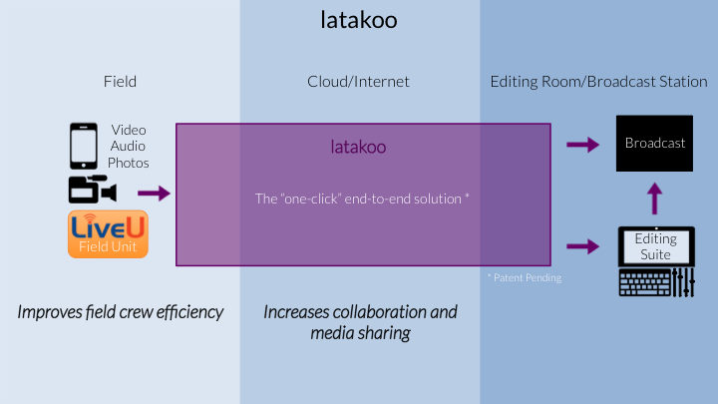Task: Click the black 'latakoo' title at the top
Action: coord(359,20)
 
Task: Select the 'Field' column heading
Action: coord(120,82)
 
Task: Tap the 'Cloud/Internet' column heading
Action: coord(358,82)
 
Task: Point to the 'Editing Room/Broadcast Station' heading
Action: coord(598,82)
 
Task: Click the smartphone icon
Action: coord(84,146)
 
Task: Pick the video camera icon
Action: coord(93,189)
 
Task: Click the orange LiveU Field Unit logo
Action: coord(108,234)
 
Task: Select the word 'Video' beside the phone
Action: coord(129,130)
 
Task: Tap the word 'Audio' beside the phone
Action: coord(128,146)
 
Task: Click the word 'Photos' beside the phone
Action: coord(129,163)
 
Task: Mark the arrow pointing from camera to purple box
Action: coord(154,194)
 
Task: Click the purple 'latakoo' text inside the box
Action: coord(358,147)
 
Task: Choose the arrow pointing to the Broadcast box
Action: coord(583,145)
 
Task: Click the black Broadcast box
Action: coord(654,144)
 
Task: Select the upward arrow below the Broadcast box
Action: coord(655,199)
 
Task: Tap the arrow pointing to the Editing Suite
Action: coord(583,246)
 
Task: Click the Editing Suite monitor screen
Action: coord(656,246)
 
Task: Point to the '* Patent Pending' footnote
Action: coord(525,277)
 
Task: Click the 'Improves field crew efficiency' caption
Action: coord(121,312)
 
